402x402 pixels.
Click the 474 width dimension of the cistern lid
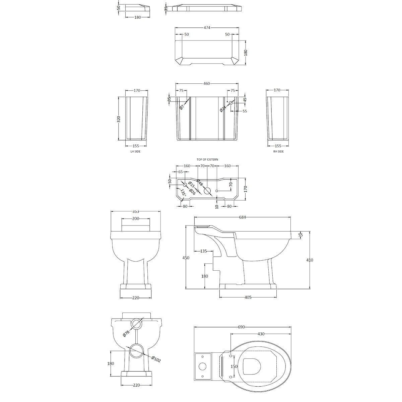click(207, 28)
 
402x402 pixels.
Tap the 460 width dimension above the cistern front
click(206, 83)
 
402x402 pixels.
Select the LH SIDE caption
click(135, 152)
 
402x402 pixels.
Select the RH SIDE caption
click(278, 152)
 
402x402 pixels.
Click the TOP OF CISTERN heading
click(207, 159)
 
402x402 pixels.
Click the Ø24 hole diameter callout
click(223, 108)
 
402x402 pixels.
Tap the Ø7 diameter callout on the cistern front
click(182, 107)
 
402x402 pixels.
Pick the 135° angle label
click(183, 193)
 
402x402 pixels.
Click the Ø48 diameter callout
click(199, 183)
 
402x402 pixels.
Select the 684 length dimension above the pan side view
click(243, 217)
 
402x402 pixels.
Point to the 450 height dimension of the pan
click(186, 258)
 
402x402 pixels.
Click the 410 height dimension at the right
click(310, 260)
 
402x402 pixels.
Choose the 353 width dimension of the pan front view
click(136, 212)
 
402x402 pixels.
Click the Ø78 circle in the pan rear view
click(136, 324)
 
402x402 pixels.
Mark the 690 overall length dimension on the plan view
click(242, 327)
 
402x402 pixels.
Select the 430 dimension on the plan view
click(261, 334)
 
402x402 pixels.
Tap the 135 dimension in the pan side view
click(203, 251)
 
